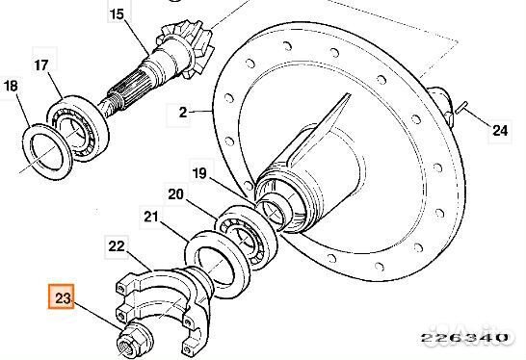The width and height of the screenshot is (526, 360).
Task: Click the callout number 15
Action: tap(117, 14)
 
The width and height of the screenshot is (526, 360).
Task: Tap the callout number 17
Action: tap(41, 65)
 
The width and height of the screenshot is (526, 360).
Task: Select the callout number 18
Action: tap(11, 86)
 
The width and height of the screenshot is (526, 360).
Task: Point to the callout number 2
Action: tap(182, 113)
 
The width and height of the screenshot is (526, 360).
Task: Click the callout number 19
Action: tap(199, 173)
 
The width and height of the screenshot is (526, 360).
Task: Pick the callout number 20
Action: tap(175, 194)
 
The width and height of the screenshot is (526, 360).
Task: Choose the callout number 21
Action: tap(150, 218)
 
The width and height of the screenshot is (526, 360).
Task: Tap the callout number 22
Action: tap(117, 246)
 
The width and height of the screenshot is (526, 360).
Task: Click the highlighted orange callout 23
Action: tap(61, 296)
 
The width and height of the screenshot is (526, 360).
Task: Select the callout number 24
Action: tap(500, 131)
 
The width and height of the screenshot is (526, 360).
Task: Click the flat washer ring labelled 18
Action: tap(47, 152)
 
